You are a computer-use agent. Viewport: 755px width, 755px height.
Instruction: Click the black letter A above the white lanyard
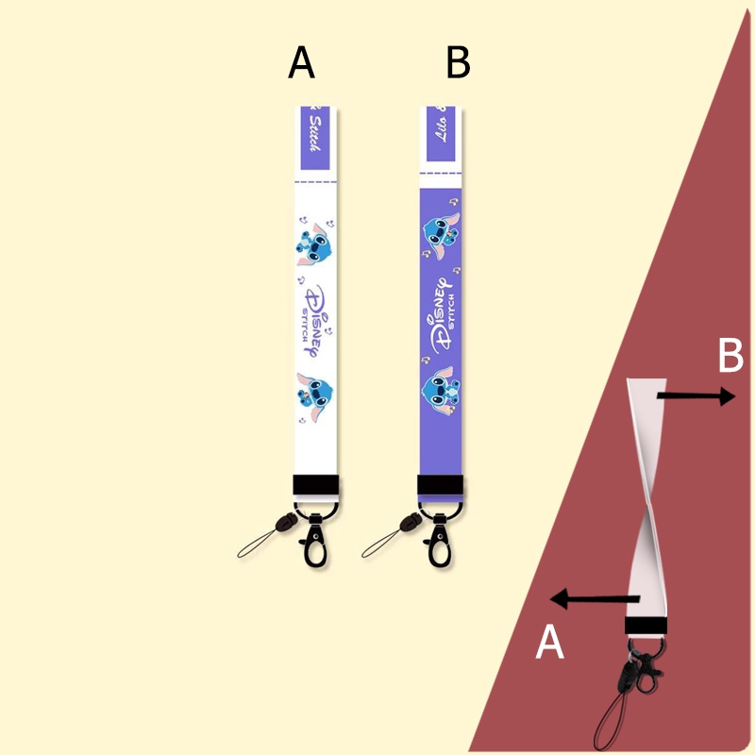click(x=301, y=63)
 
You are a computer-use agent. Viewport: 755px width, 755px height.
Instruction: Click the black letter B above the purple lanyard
click(x=458, y=63)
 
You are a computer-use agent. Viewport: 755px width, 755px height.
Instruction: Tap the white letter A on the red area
click(x=549, y=644)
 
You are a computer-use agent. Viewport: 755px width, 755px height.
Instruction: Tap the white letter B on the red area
click(x=730, y=357)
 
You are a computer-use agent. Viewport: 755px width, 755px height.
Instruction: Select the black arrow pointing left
click(x=595, y=597)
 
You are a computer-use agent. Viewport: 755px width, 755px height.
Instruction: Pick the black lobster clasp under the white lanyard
click(x=313, y=542)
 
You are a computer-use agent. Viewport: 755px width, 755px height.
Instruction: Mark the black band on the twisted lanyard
click(x=646, y=627)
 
